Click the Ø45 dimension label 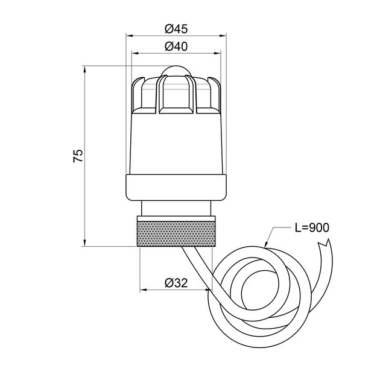[176, 29]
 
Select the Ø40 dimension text [176, 46]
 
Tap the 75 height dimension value [78, 156]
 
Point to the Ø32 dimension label [176, 282]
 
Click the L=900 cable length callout [312, 227]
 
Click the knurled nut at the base [176, 231]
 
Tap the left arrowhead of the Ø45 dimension [130, 36]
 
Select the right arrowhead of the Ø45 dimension [223, 36]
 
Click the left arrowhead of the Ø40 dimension [135, 53]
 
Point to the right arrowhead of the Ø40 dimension [217, 53]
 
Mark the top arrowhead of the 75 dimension [84, 69]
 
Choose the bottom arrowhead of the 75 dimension [84, 242]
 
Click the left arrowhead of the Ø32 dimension [144, 290]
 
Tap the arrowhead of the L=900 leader [267, 245]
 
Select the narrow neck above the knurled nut [176, 208]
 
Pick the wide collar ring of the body [176, 188]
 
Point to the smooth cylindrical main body [176, 144]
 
